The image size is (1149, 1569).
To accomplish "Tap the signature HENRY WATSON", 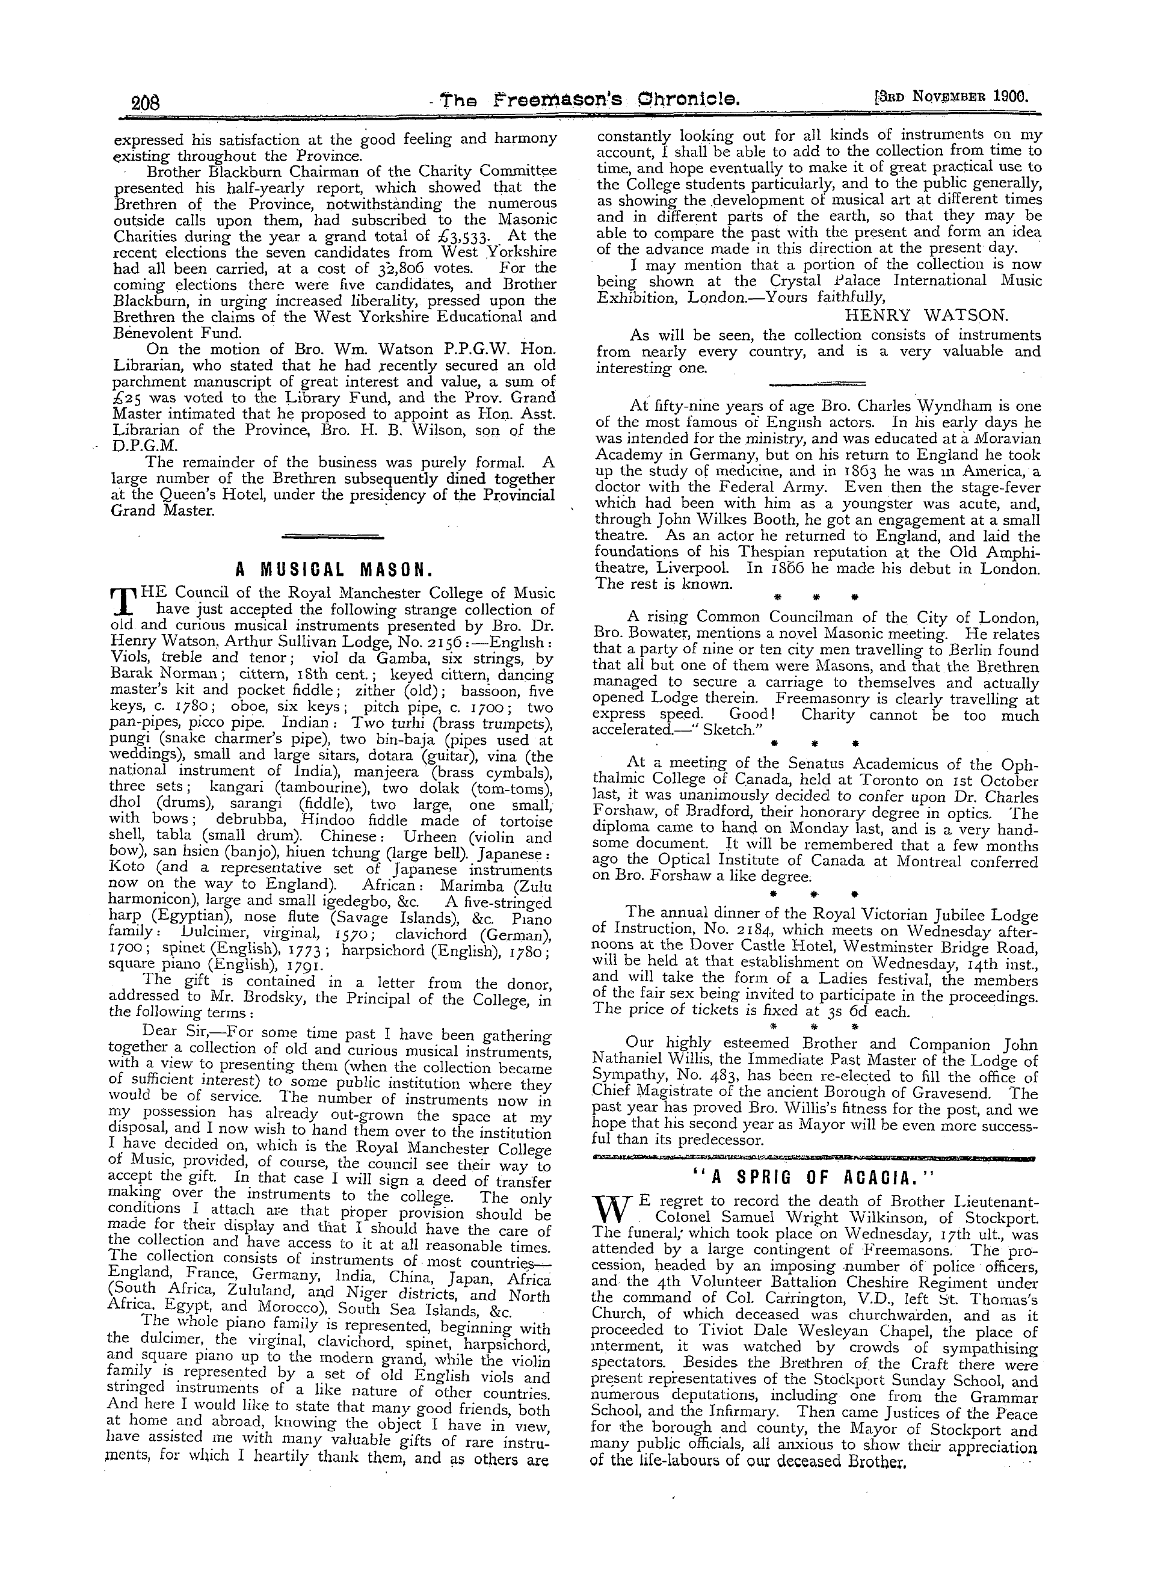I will [x=926, y=315].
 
